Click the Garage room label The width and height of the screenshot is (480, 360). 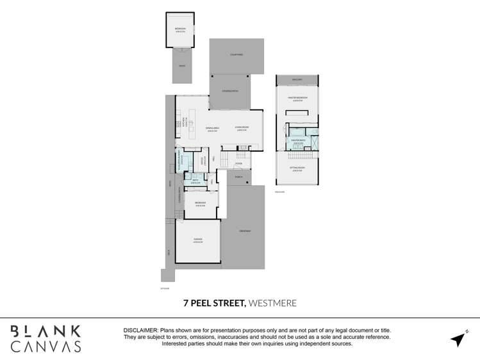198,240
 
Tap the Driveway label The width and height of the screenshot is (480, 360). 244,231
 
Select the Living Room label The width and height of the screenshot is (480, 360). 242,128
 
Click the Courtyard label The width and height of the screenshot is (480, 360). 236,55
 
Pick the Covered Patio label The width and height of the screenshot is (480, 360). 230,92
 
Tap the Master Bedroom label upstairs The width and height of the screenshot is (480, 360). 297,98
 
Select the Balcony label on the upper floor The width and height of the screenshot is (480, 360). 297,79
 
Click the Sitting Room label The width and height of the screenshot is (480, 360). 297,168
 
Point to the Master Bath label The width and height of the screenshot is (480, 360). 298,141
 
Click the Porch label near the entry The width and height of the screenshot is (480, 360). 238,176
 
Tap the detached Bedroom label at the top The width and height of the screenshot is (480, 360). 181,29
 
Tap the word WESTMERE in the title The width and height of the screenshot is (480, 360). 272,302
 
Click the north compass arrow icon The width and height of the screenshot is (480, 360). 458,339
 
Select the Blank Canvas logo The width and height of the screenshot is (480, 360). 46,339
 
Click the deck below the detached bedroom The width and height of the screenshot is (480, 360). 181,66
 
